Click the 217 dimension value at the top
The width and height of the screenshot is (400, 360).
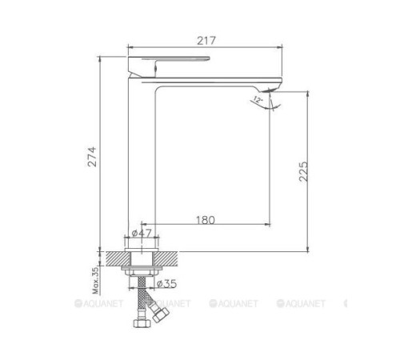pyautogui.click(x=206, y=37)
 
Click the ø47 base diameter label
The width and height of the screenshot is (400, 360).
pyautogui.click(x=142, y=233)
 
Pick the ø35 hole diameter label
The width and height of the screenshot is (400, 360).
pyautogui.click(x=166, y=282)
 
